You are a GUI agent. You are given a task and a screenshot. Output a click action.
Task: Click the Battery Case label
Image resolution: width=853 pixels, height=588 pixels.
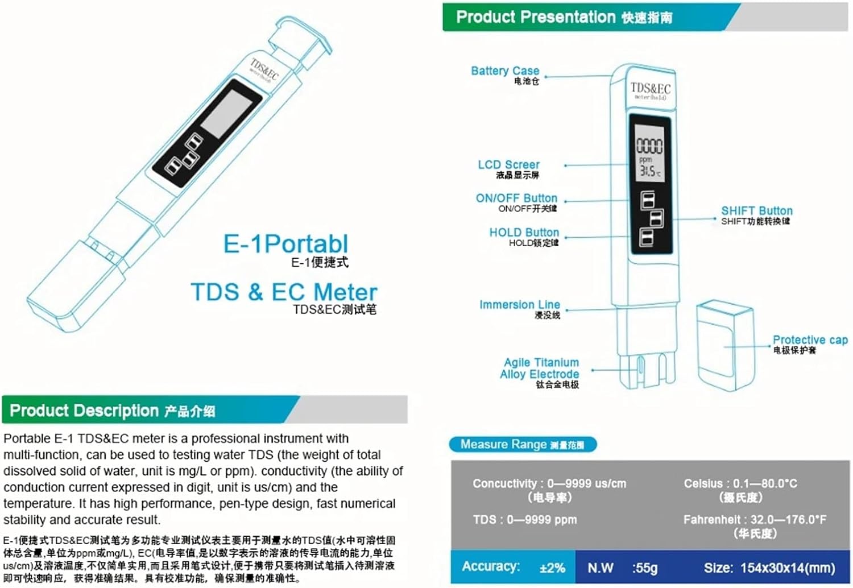(x=505, y=71)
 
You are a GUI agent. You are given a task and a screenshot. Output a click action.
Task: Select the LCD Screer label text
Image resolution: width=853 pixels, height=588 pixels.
(x=508, y=164)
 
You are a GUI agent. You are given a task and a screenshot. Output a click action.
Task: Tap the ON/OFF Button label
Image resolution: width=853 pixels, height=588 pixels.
(x=516, y=198)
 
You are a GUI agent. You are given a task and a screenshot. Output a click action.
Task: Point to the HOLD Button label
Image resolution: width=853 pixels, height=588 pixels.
(x=524, y=232)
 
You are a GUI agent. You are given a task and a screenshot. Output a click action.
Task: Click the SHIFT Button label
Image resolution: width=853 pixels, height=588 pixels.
(x=756, y=210)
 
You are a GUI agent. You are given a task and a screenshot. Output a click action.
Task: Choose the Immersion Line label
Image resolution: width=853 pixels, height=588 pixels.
(x=519, y=305)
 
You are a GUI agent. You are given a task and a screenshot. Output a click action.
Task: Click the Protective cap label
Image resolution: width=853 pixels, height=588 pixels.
(x=810, y=339)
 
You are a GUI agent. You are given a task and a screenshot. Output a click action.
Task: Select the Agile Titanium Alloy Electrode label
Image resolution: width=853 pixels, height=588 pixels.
(x=540, y=368)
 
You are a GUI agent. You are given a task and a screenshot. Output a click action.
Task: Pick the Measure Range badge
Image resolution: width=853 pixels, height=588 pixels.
(x=522, y=444)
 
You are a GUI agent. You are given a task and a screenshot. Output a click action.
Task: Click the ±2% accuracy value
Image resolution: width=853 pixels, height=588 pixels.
(x=552, y=568)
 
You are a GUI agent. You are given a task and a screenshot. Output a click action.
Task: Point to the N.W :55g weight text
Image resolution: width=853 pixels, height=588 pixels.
(x=622, y=568)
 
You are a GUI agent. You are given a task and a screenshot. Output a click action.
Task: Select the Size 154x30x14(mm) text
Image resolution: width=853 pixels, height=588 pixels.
(x=769, y=568)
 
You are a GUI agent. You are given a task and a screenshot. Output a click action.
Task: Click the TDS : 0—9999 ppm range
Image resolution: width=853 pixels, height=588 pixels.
(x=524, y=519)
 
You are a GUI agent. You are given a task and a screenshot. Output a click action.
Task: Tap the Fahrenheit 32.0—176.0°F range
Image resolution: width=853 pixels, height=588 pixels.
(x=755, y=519)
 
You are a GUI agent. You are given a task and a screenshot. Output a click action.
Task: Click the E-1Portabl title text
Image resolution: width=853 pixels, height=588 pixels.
(x=285, y=244)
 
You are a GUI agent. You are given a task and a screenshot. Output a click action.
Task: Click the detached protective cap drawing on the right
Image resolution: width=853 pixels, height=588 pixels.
(x=725, y=345)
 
